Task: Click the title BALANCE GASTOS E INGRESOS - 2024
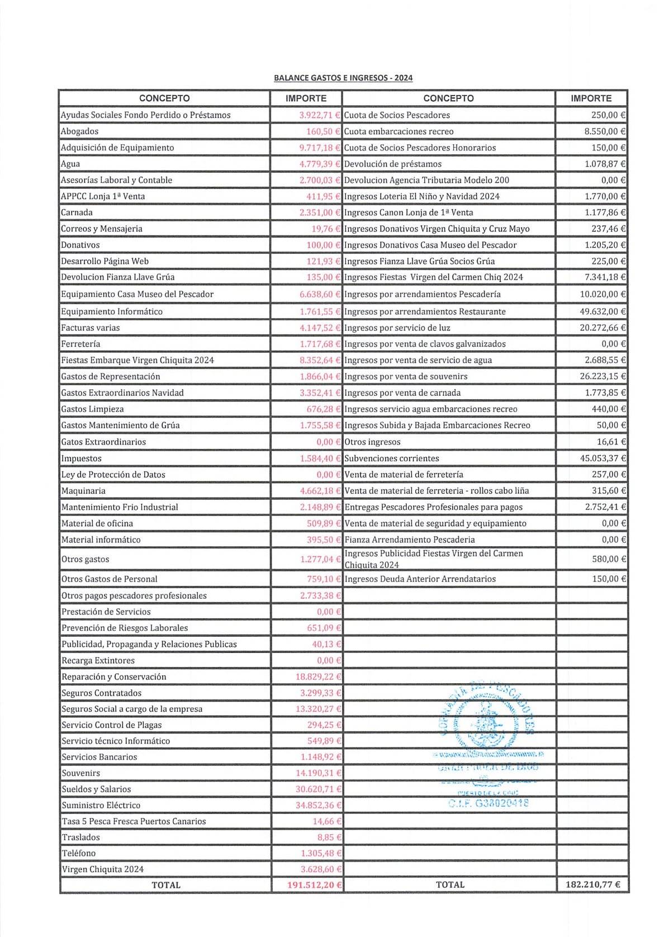pyautogui.click(x=343, y=78)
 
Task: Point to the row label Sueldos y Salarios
pyautogui.click(x=96, y=789)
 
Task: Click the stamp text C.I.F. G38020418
pyautogui.click(x=488, y=803)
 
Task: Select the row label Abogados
pyautogui.click(x=79, y=131)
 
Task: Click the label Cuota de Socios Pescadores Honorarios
pyautogui.click(x=420, y=148)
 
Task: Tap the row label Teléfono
pyautogui.click(x=79, y=853)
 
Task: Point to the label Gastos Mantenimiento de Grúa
pyautogui.click(x=121, y=425)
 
